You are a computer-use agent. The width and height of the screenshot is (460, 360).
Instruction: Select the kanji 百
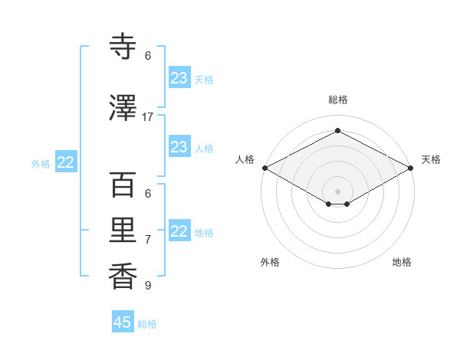[x=123, y=185]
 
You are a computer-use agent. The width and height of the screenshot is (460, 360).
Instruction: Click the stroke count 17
[x=148, y=116]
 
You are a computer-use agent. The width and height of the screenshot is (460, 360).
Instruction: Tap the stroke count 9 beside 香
[x=148, y=286]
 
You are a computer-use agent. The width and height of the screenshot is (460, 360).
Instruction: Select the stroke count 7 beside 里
[x=148, y=240]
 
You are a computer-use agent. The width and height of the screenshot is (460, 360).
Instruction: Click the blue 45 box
[x=123, y=322]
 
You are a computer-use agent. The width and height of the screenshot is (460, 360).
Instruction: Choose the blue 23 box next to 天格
[x=179, y=78]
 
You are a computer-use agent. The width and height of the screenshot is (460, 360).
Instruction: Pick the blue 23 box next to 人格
[x=179, y=147]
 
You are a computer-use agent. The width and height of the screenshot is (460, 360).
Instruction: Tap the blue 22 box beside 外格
[x=66, y=162]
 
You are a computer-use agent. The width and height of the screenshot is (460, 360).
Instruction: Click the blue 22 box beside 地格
[x=179, y=231]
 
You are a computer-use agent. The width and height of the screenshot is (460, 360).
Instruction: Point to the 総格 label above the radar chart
[x=337, y=100]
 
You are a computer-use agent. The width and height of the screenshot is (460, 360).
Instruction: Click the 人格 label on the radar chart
[x=245, y=159]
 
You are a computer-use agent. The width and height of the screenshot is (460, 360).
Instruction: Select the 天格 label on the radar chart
[x=431, y=159]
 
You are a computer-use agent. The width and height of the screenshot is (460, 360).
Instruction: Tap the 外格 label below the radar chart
[x=270, y=262]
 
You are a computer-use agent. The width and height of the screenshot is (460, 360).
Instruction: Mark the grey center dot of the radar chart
[x=337, y=191]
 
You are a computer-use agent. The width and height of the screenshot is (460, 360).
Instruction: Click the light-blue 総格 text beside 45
[x=147, y=324]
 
